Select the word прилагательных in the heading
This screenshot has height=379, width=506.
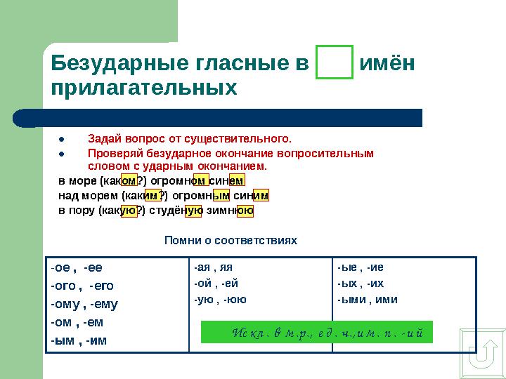tap(144, 88)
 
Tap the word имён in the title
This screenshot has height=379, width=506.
tap(387, 64)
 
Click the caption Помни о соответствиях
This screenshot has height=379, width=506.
tap(231, 241)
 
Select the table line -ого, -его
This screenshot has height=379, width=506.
tap(82, 286)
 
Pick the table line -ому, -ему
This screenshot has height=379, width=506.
tap(84, 305)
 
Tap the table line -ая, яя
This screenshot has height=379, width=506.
tap(213, 267)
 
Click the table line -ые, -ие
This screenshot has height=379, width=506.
tap(360, 267)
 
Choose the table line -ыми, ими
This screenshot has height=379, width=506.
tap(367, 300)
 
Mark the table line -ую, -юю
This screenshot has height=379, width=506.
tap(220, 300)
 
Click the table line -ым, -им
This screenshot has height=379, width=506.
tap(79, 341)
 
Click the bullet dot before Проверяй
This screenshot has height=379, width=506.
tap(61, 153)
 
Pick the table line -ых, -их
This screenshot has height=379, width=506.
tap(360, 284)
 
